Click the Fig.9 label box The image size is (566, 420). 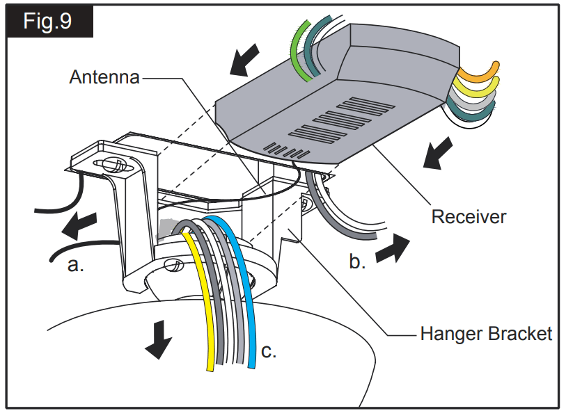[48, 21]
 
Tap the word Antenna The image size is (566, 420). [104, 77]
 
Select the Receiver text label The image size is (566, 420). [469, 216]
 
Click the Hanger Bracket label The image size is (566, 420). [486, 334]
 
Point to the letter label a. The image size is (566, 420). [76, 265]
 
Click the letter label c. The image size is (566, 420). [268, 351]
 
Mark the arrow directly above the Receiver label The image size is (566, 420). [439, 154]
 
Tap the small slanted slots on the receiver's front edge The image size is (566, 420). [285, 150]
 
